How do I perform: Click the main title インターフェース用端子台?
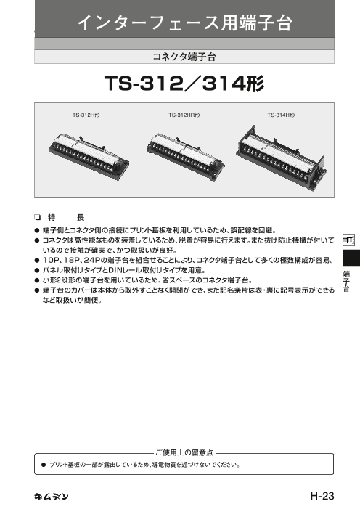184,23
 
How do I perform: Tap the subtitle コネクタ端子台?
184,57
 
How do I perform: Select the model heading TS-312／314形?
184,84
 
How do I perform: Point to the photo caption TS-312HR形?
184,115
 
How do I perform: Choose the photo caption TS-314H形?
281,115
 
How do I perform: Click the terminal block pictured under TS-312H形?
89,156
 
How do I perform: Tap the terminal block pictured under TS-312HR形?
185,156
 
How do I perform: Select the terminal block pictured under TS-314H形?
282,156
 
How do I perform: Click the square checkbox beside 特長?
37,217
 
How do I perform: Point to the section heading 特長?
66,217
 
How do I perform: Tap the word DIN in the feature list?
115,270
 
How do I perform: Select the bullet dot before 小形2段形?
37,280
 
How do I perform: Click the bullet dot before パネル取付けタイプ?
37,270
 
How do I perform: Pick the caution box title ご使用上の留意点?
184,452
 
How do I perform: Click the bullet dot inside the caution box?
44,465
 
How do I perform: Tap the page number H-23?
322,496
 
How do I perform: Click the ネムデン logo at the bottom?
52,497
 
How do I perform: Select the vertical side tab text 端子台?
347,281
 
